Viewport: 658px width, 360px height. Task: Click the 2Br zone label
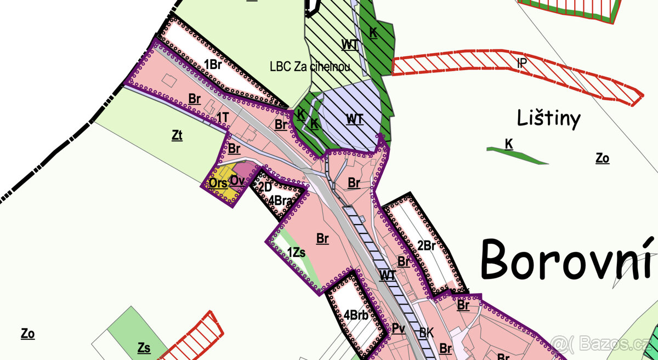[x=426, y=246]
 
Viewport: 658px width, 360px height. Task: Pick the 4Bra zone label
[x=280, y=201]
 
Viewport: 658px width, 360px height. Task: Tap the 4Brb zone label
[x=356, y=315]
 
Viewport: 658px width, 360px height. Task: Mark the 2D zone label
[x=265, y=187]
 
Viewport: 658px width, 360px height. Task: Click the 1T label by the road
[x=222, y=117]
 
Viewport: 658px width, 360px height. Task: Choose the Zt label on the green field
[x=177, y=135]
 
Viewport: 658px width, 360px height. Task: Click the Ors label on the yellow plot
[x=218, y=183]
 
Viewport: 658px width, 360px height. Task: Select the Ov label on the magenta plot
[x=237, y=180]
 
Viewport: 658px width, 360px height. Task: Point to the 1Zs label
[x=296, y=253]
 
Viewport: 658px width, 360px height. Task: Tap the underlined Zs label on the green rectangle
[x=144, y=348]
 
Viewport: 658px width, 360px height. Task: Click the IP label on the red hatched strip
[x=522, y=63]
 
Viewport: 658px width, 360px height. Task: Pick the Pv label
[x=399, y=328]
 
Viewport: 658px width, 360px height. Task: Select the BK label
[x=427, y=332]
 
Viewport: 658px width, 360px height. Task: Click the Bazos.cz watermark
[x=603, y=344]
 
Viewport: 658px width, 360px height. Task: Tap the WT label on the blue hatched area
[x=355, y=118]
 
